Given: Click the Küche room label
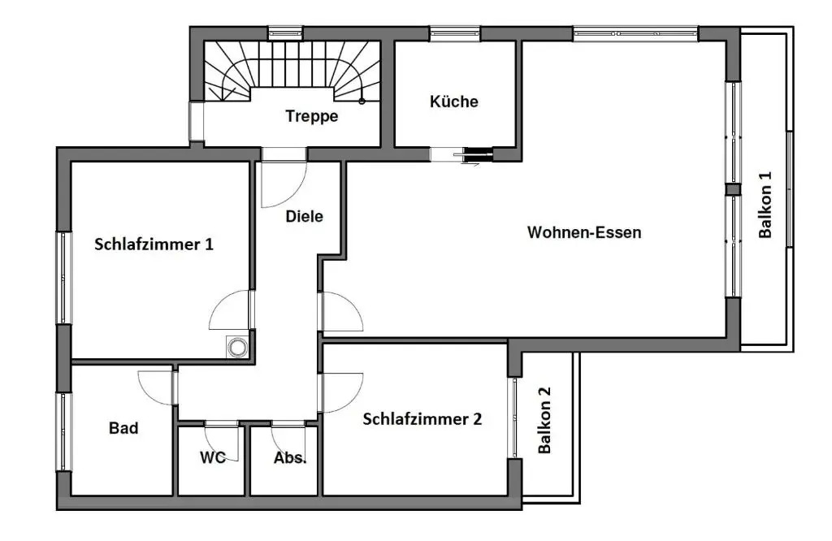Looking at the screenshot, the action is click(x=453, y=102).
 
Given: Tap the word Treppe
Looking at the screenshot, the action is click(x=311, y=116).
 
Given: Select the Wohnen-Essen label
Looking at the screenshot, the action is click(x=584, y=232).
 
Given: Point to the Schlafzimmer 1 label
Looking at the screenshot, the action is click(x=154, y=244).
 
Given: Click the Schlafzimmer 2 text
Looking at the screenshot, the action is click(x=422, y=419).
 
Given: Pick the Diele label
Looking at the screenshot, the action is click(x=304, y=216).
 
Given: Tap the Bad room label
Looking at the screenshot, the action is click(x=123, y=428).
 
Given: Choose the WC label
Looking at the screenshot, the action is click(x=213, y=457).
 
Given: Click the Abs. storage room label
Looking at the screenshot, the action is click(x=290, y=457).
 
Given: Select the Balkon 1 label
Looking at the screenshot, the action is click(x=765, y=205).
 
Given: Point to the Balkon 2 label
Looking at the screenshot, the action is click(x=544, y=420).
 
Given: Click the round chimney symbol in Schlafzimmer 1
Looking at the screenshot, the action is click(x=237, y=348).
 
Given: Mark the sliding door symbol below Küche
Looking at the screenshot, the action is click(x=472, y=156).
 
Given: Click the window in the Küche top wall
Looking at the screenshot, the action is click(x=455, y=34).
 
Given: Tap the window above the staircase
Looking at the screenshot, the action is click(x=285, y=33).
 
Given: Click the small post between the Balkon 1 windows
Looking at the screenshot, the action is click(x=733, y=190).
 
